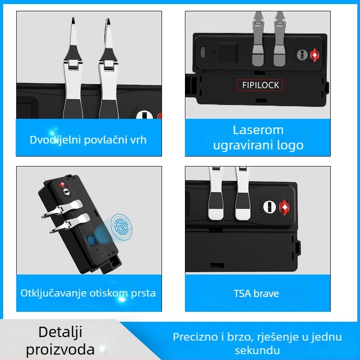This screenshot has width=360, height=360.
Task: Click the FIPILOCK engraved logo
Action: click(x=261, y=85)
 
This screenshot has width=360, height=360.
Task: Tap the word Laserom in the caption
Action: click(x=258, y=130)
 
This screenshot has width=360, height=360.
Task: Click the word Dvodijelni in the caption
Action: click(x=55, y=140)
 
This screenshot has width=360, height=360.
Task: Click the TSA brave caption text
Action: click(x=256, y=293)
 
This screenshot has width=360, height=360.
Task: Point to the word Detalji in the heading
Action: click(x=60, y=332)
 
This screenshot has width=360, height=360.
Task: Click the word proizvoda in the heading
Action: click(x=60, y=350)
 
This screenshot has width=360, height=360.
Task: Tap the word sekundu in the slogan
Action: click(x=257, y=351)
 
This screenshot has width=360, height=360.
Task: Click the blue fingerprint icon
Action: click(x=121, y=227)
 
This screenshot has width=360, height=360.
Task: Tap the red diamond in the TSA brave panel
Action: click(x=284, y=207)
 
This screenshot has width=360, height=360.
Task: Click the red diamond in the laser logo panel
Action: click(x=314, y=55)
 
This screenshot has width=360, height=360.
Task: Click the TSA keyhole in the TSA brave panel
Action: click(x=270, y=207)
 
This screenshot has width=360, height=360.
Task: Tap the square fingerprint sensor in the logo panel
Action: click(x=228, y=52)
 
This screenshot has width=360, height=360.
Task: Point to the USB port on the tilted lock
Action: click(x=100, y=257)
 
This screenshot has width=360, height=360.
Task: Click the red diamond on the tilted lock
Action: click(x=62, y=184)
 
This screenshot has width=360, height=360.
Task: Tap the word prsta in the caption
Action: click(x=143, y=293)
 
